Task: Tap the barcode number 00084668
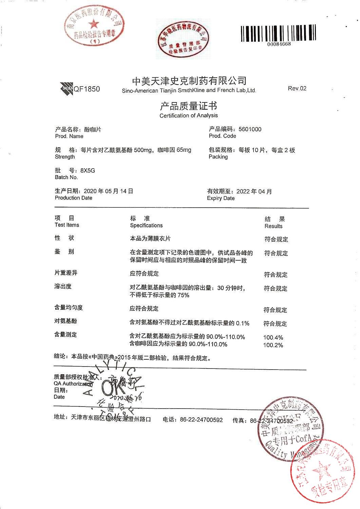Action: [x=279, y=44]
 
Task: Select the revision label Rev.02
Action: [x=297, y=89]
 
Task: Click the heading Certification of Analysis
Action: [x=189, y=115]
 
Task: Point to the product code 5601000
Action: [x=250, y=129]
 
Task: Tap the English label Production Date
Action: [x=73, y=198]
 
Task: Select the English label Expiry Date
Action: [x=221, y=198]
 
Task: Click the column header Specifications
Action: [x=146, y=225]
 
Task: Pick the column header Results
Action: [x=273, y=226]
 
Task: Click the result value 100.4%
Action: [x=273, y=338]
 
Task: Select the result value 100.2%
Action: [x=273, y=345]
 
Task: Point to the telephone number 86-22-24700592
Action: [x=201, y=420]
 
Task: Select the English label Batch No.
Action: [x=66, y=177]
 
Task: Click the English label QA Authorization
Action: [x=73, y=383]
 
